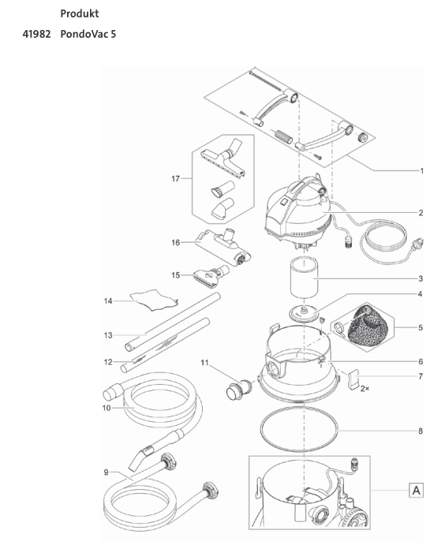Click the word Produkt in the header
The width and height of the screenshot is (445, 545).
point(79,14)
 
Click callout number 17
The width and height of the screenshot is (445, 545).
point(176,179)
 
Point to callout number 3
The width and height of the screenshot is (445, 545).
point(421,279)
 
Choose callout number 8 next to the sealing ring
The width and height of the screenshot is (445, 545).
point(421,431)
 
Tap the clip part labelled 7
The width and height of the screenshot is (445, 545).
point(353,378)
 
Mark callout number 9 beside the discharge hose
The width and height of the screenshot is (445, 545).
point(106,472)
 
